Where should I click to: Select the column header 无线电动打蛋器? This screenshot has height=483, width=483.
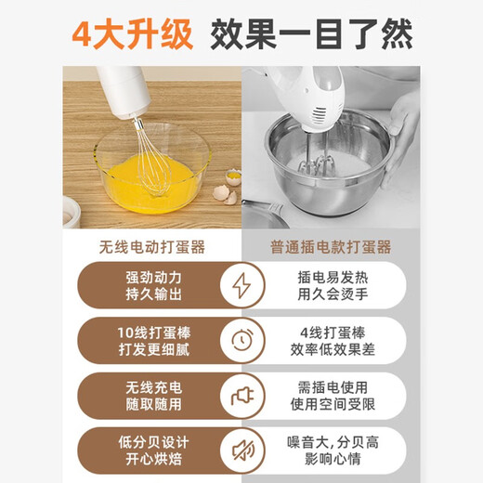click(150, 247)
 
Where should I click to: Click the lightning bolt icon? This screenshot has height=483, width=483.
click(241, 285)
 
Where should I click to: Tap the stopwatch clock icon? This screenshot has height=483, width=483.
click(241, 341)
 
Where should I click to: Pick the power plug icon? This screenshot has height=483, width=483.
click(241, 397)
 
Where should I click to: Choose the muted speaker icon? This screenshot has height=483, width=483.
click(241, 451)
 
